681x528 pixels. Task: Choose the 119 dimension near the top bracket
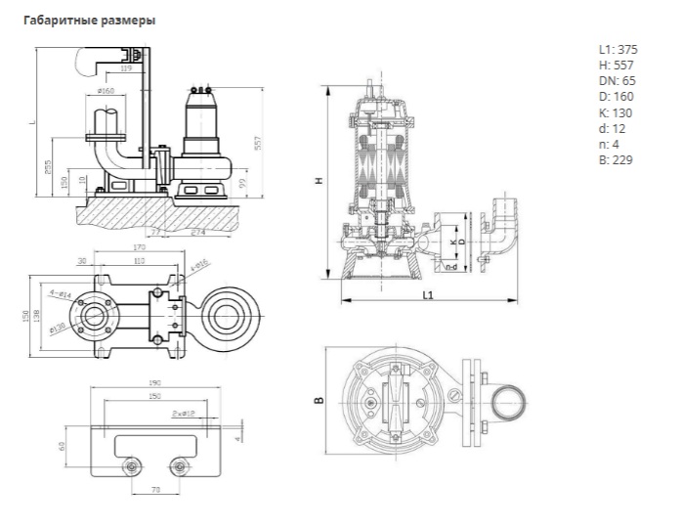coord(126,69)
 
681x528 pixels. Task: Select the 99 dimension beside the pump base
coord(242,183)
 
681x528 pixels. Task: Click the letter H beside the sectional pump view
coord(320,181)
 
